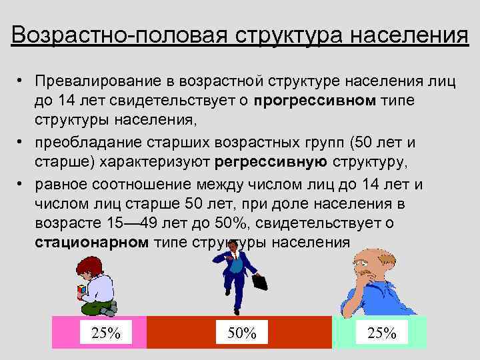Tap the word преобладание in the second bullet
[79, 142]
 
